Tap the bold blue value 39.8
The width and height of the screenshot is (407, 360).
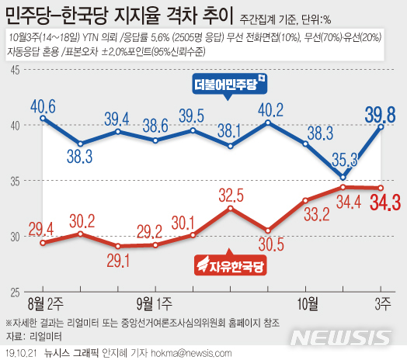[381, 116]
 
